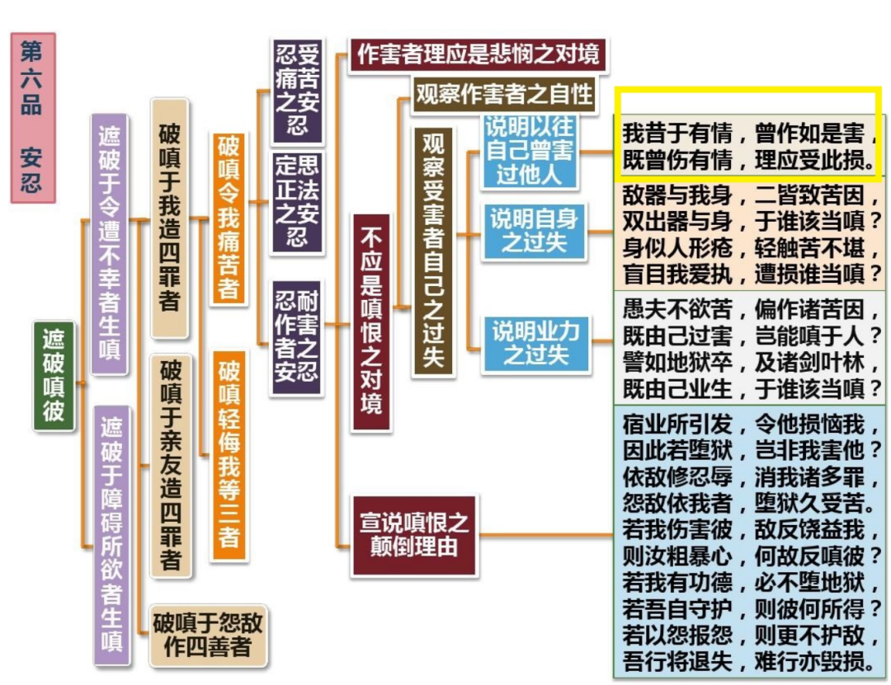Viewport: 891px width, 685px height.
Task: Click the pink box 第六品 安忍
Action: pyautogui.click(x=32, y=117)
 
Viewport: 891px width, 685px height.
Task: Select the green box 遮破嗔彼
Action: pyautogui.click(x=54, y=376)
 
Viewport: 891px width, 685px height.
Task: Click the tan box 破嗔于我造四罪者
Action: pyautogui.click(x=169, y=218)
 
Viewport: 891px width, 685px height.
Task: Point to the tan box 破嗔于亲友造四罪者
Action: pyautogui.click(x=170, y=465)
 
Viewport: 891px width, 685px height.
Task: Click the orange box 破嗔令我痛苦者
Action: pyautogui.click(x=229, y=218)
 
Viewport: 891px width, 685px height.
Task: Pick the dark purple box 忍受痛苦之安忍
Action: pyautogui.click(x=297, y=90)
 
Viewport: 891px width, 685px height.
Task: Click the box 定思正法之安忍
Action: pyautogui.click(x=297, y=201)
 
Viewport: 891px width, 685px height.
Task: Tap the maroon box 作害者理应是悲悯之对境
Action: pyautogui.click(x=478, y=54)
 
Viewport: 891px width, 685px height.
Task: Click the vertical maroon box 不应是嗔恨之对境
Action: pyautogui.click(x=371, y=321)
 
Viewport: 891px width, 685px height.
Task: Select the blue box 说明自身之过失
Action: pyautogui.click(x=534, y=232)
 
